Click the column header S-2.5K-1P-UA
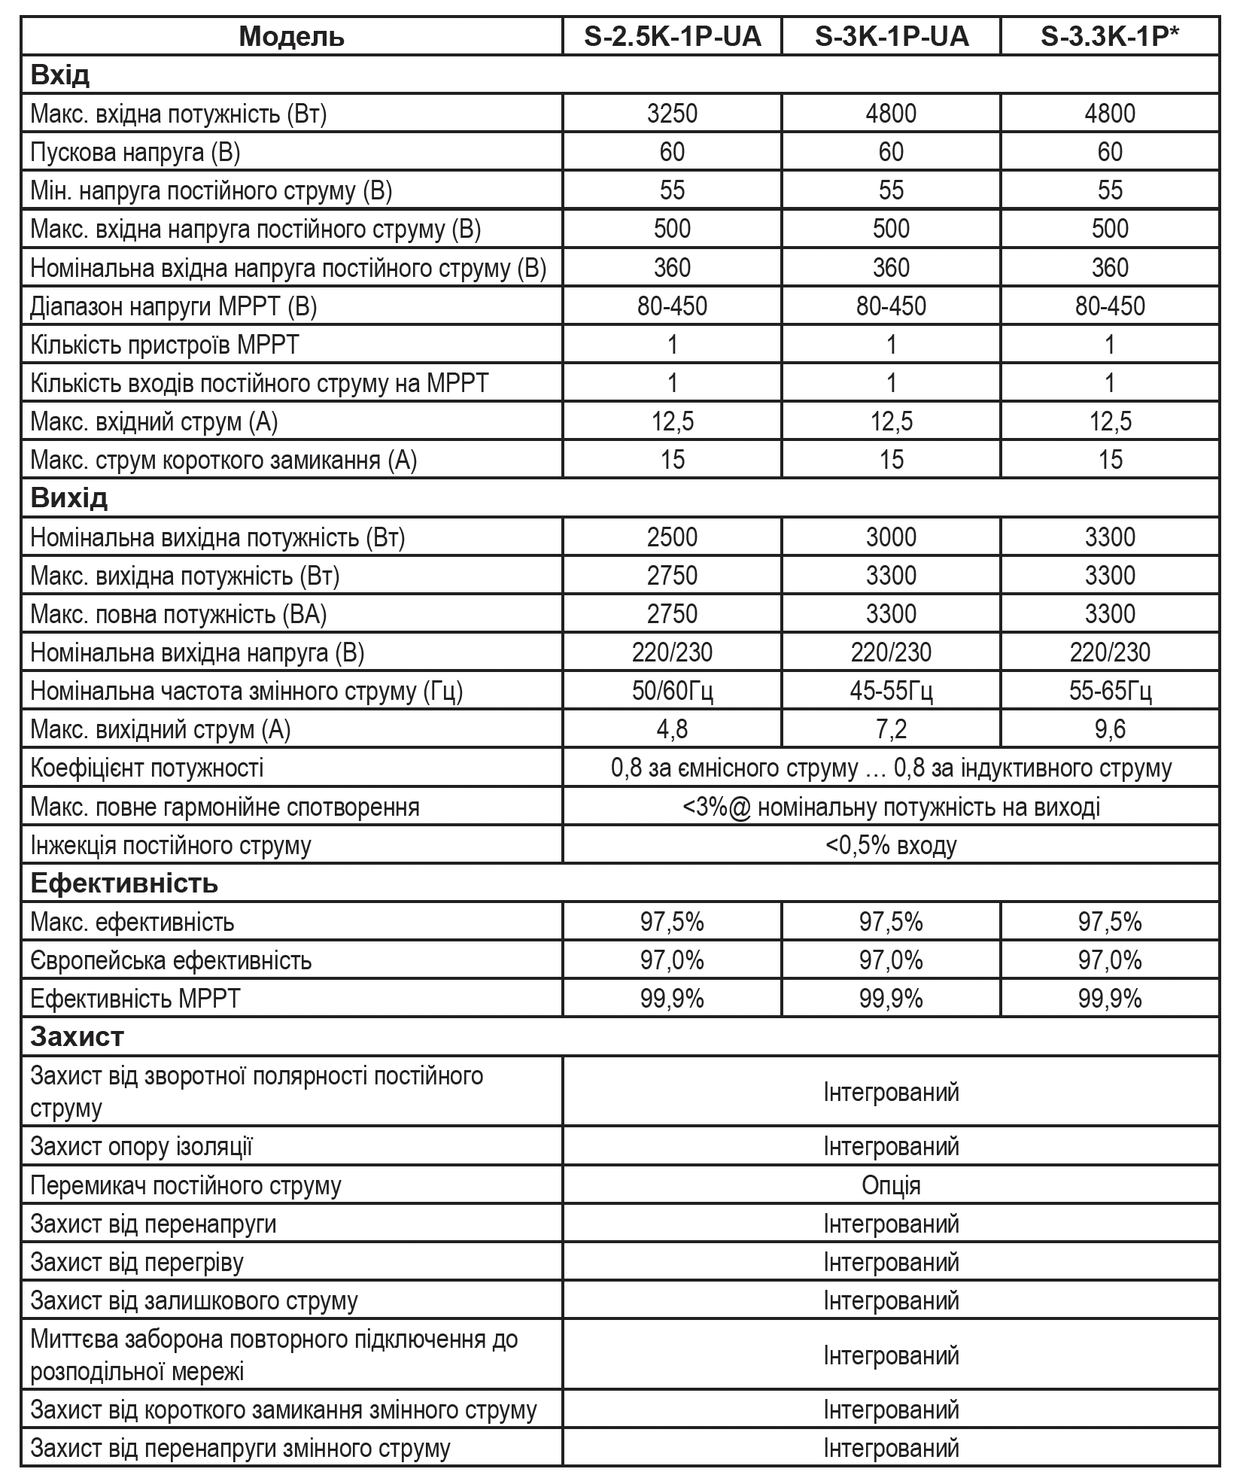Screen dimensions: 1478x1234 tap(672, 36)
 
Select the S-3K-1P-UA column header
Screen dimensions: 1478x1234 tap(891, 36)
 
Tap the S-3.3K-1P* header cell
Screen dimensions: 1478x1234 tap(1109, 36)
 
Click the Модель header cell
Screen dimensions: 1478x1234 tap(292, 36)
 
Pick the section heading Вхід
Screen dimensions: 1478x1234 tap(60, 75)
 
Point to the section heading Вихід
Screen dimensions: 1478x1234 tap(69, 498)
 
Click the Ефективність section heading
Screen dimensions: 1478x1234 tap(124, 883)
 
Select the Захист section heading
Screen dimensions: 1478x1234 tap(77, 1037)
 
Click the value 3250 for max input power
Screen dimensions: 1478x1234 tap(672, 114)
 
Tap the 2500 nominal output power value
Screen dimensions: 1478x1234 tap(672, 537)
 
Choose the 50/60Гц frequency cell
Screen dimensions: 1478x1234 tap(672, 691)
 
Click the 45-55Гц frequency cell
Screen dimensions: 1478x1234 tap(891, 691)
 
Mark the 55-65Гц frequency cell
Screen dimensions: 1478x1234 tap(1110, 691)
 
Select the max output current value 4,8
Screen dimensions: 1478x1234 tap(672, 729)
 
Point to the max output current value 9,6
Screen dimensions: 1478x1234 tap(1110, 729)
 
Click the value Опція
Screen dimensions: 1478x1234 tap(891, 1185)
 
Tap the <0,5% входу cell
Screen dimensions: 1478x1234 tap(891, 845)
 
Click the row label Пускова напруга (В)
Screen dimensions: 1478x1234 tap(135, 153)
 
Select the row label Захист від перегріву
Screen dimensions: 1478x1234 tap(137, 1262)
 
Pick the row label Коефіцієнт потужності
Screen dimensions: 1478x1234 tap(147, 768)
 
